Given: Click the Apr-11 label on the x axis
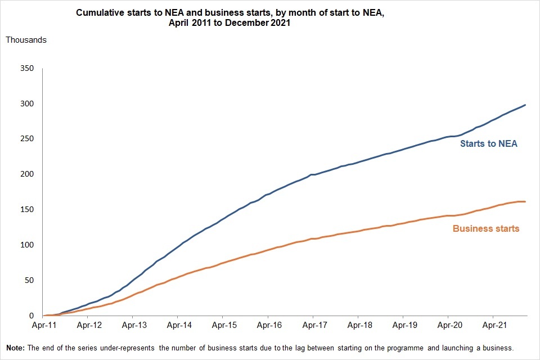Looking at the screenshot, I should click(43, 325).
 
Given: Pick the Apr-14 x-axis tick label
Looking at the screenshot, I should click(177, 325).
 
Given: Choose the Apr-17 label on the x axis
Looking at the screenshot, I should click(313, 325).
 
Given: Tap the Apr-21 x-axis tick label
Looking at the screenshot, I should click(493, 325).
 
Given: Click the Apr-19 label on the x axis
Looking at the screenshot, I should click(403, 325).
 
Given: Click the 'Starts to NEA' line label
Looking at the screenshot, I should click(488, 144).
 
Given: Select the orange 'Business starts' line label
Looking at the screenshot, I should click(485, 229).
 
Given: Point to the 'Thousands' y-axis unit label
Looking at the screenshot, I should click(26, 40).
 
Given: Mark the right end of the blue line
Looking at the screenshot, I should click(525, 105).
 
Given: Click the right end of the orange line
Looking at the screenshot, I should click(525, 201).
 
